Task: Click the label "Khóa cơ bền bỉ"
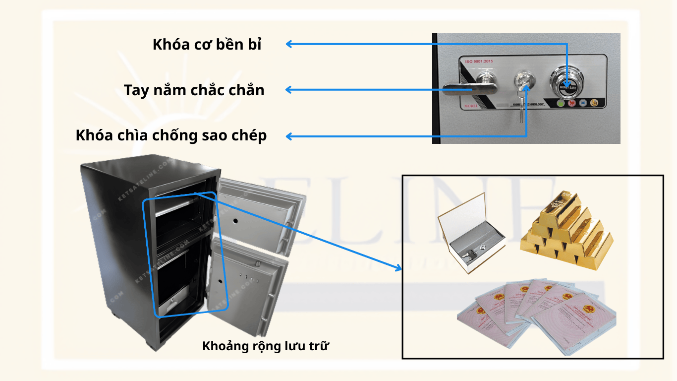207,44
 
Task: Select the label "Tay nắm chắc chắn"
194,90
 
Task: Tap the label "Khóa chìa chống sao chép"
171,135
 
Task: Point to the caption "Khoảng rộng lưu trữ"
266,346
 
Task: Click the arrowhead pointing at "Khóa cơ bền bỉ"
289,44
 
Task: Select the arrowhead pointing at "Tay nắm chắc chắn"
289,90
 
